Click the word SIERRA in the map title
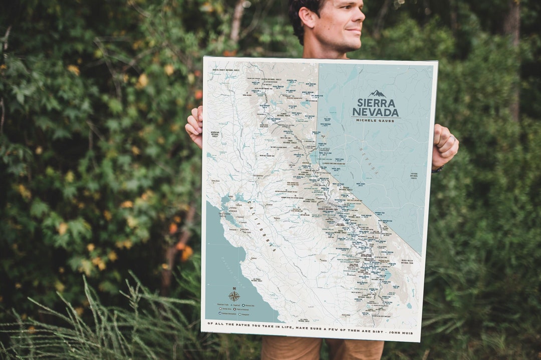point(375,103)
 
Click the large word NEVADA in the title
point(375,113)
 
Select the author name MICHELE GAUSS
point(375,121)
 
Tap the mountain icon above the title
point(377,94)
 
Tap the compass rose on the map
point(234,295)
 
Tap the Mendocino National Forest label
point(215,134)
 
